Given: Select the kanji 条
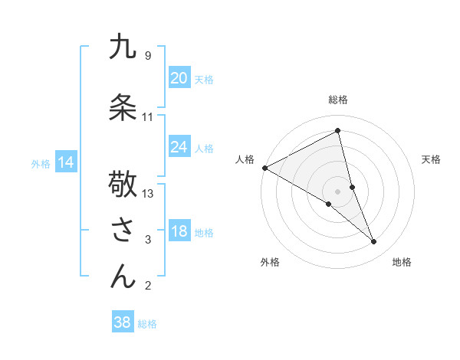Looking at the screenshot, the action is tap(123, 106).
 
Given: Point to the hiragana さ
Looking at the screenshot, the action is tap(123, 230).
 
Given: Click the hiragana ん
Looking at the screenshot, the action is tap(123, 276).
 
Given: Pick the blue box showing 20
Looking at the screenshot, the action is tap(179, 78).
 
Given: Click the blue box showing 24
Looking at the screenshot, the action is tap(179, 147).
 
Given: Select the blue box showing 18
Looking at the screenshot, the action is tap(179, 232).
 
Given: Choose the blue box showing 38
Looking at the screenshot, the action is tap(122, 322).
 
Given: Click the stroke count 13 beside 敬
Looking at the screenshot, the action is tap(148, 194).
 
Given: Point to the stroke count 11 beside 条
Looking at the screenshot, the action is tap(148, 117).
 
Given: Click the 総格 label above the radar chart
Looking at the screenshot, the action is tap(338, 100).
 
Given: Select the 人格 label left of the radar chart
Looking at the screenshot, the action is tap(245, 159).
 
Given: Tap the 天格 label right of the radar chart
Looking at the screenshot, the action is tap(432, 159).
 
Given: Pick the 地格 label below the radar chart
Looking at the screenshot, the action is tap(402, 262).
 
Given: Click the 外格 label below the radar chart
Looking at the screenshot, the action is tap(270, 262).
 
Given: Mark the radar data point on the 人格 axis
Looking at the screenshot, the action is tap(264, 168).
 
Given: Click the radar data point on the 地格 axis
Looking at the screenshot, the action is tap(374, 242).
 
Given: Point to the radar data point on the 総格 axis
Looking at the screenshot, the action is tap(338, 130).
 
